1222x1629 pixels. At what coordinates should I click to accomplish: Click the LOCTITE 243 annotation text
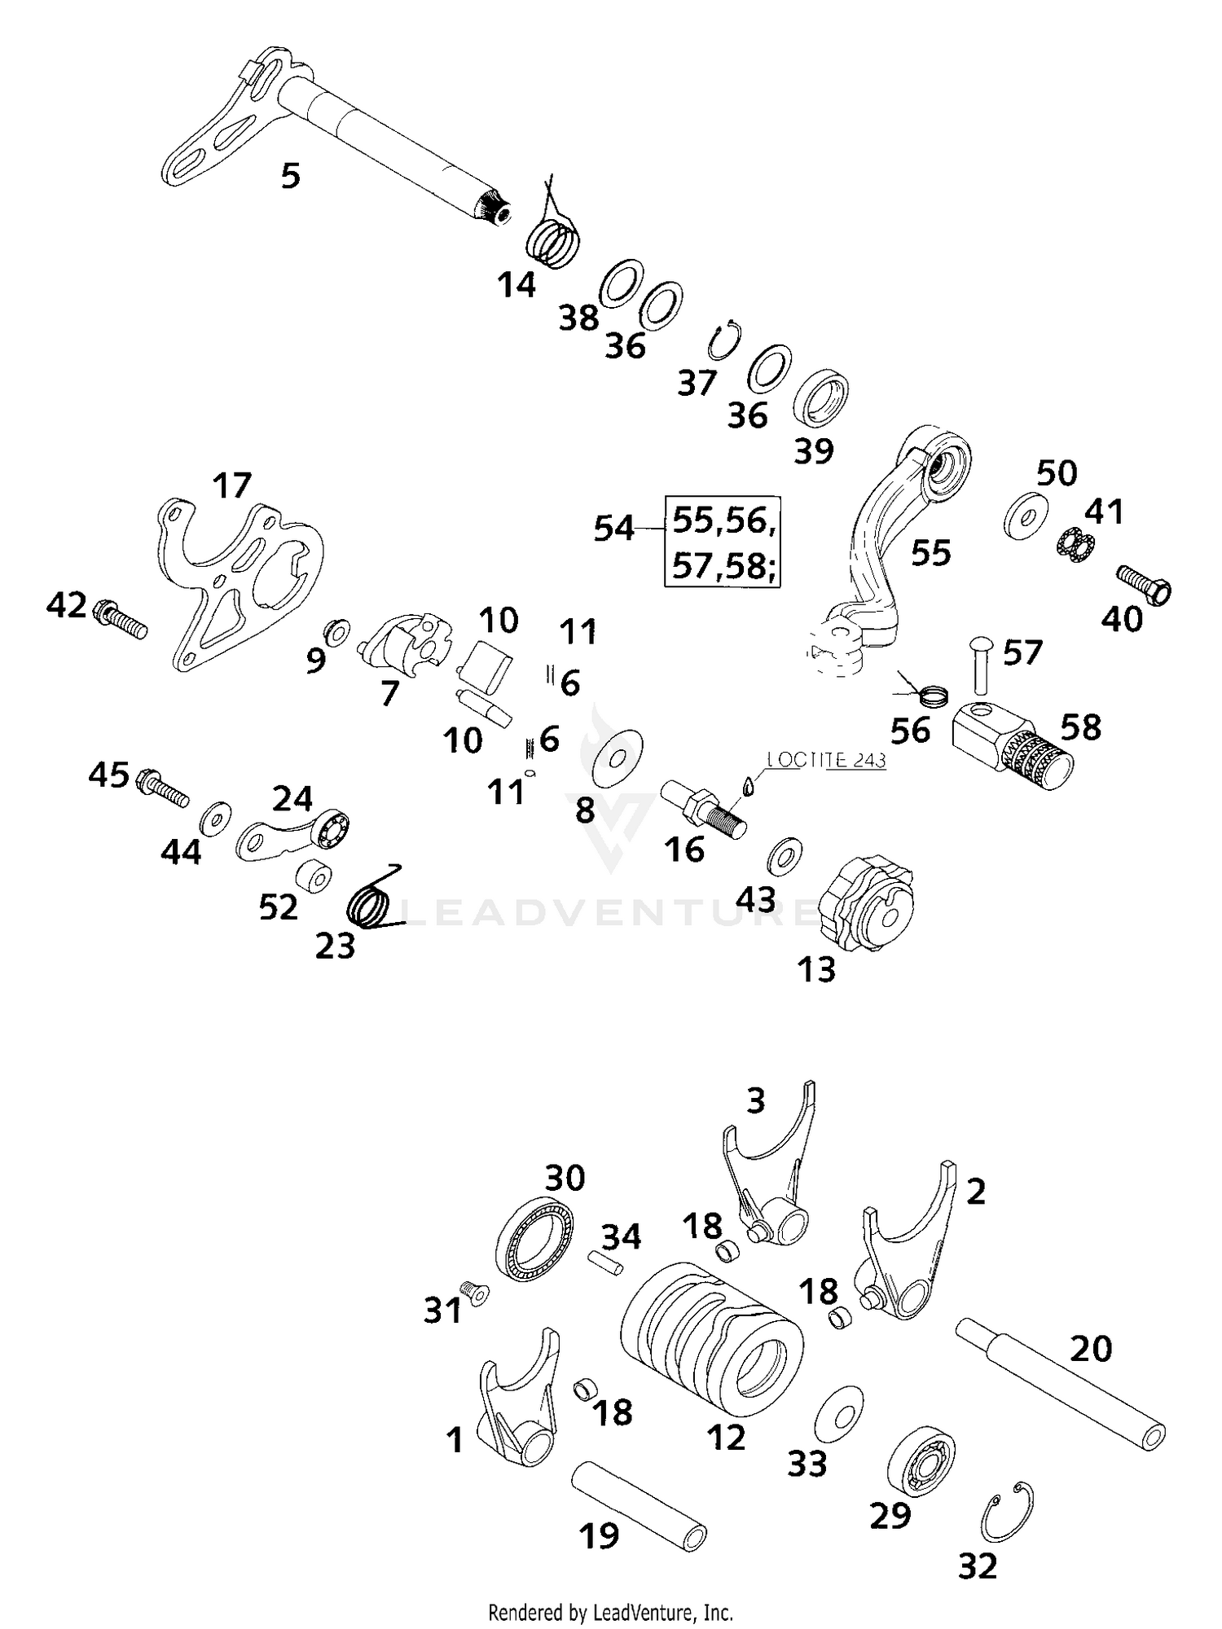(x=825, y=760)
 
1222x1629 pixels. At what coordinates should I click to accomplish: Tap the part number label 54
(x=613, y=529)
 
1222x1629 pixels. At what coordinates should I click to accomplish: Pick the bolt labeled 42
(x=121, y=618)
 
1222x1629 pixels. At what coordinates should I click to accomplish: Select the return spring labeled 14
(x=554, y=239)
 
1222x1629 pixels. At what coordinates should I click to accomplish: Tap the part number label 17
(x=232, y=485)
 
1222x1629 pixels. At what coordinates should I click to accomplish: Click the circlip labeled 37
(x=723, y=340)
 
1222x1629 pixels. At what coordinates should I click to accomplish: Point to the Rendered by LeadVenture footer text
(x=610, y=1612)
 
